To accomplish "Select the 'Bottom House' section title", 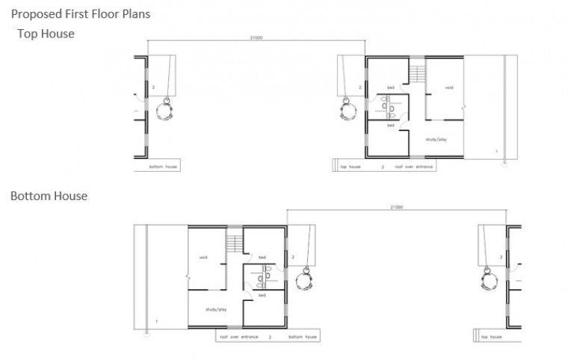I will [49, 196].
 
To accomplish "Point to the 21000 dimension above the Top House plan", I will [256, 38].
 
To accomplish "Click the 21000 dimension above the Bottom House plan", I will [396, 207].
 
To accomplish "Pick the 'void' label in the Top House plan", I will [448, 87].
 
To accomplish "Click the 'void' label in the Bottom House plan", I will [203, 258].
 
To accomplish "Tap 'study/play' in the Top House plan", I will [436, 139].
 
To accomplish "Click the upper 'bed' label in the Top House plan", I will [391, 87].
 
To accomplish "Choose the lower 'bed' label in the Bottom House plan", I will [262, 296].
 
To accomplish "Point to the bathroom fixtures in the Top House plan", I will [389, 108].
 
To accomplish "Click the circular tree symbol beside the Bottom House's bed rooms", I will [303, 282].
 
